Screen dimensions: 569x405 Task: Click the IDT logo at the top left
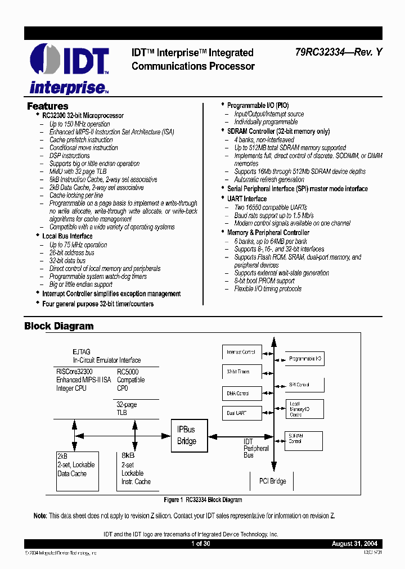(x=68, y=62)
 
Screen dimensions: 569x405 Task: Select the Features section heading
(x=48, y=106)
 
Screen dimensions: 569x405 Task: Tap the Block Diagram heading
(x=59, y=326)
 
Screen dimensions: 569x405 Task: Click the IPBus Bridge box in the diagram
(x=187, y=435)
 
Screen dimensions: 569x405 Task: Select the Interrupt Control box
(x=242, y=353)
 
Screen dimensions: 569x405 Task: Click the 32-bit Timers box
(x=242, y=372)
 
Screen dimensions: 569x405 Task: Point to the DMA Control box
(x=242, y=393)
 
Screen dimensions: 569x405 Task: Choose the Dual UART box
(x=242, y=413)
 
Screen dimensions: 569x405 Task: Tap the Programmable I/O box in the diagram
(x=304, y=359)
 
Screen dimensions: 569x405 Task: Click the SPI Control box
(x=304, y=385)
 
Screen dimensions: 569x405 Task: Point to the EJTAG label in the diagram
(x=81, y=351)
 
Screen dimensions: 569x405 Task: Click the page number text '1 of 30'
(x=200, y=544)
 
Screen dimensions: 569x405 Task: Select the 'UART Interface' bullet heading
(x=247, y=199)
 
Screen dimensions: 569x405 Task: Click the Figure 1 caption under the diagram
(x=202, y=500)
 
